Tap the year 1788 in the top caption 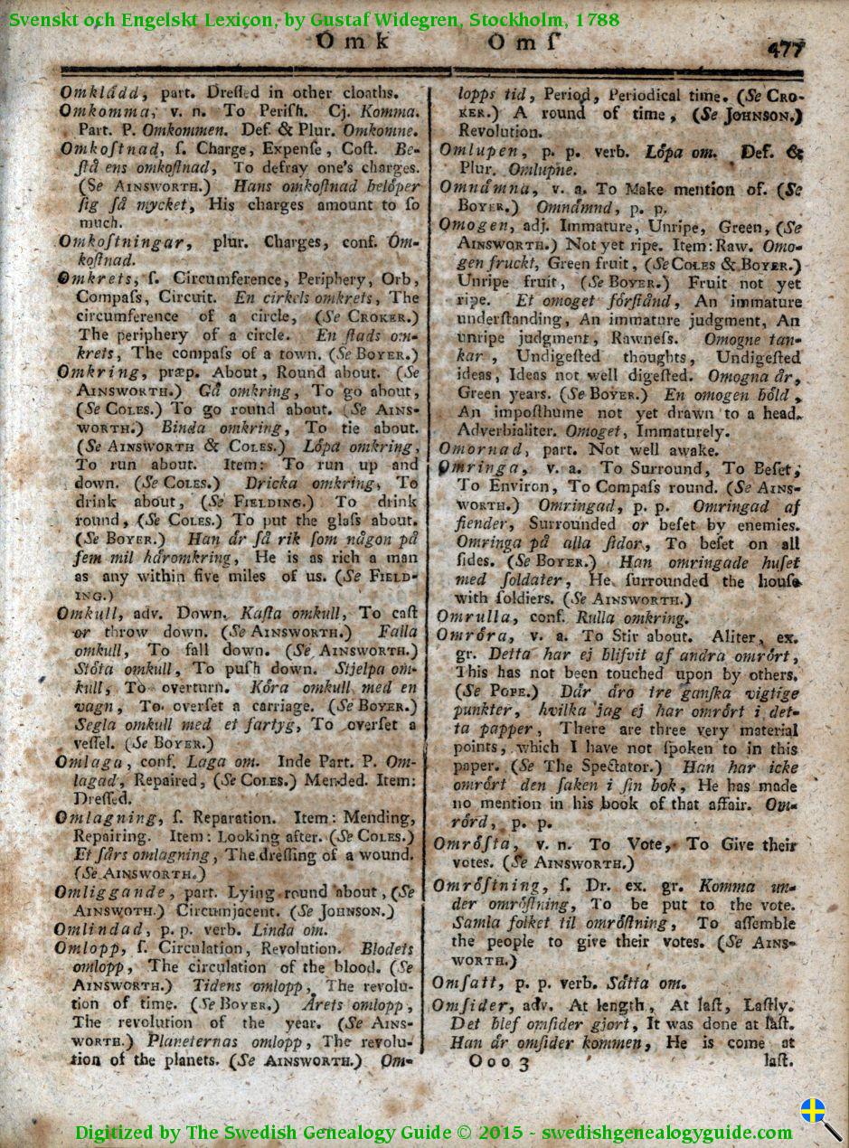click(599, 18)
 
